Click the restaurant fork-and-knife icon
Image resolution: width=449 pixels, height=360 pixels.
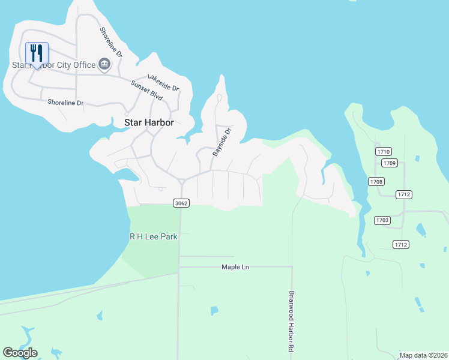[37, 53]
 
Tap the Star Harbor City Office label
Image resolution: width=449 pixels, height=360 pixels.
[54, 65]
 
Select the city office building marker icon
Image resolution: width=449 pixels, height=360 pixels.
[104, 64]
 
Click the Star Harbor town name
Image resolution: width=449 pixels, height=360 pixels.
[149, 122]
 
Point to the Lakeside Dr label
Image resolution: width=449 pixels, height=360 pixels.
[163, 83]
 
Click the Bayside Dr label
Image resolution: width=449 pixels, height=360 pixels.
[221, 142]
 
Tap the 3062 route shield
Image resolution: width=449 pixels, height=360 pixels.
[181, 203]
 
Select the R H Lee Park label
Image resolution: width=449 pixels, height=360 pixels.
[154, 236]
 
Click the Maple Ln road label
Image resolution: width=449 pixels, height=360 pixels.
[235, 267]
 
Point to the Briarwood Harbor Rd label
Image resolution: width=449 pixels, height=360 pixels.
[291, 322]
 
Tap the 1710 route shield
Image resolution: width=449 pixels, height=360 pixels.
[384, 151]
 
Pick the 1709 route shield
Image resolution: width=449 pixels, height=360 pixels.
[390, 163]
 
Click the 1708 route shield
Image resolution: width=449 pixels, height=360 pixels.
[377, 181]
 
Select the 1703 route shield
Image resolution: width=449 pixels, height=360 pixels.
[382, 221]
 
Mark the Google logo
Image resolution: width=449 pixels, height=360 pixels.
[20, 353]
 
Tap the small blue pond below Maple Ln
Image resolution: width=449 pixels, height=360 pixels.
[214, 311]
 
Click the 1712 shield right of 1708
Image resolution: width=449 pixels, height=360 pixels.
[403, 194]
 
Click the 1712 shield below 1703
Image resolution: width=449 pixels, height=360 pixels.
[401, 244]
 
